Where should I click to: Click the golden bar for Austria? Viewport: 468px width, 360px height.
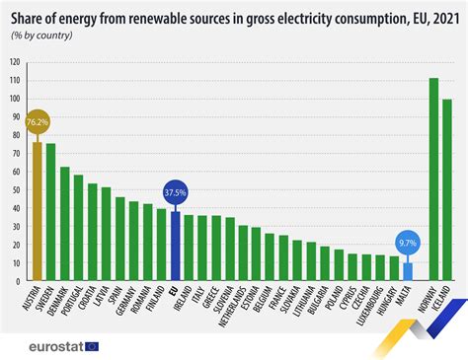(x=38, y=213)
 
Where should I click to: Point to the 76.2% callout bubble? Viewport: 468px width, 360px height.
(x=38, y=124)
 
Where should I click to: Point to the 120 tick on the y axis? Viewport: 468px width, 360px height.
(x=15, y=62)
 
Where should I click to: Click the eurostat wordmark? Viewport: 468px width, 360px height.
(x=46, y=345)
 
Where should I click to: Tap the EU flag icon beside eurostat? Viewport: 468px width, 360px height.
(x=93, y=345)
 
